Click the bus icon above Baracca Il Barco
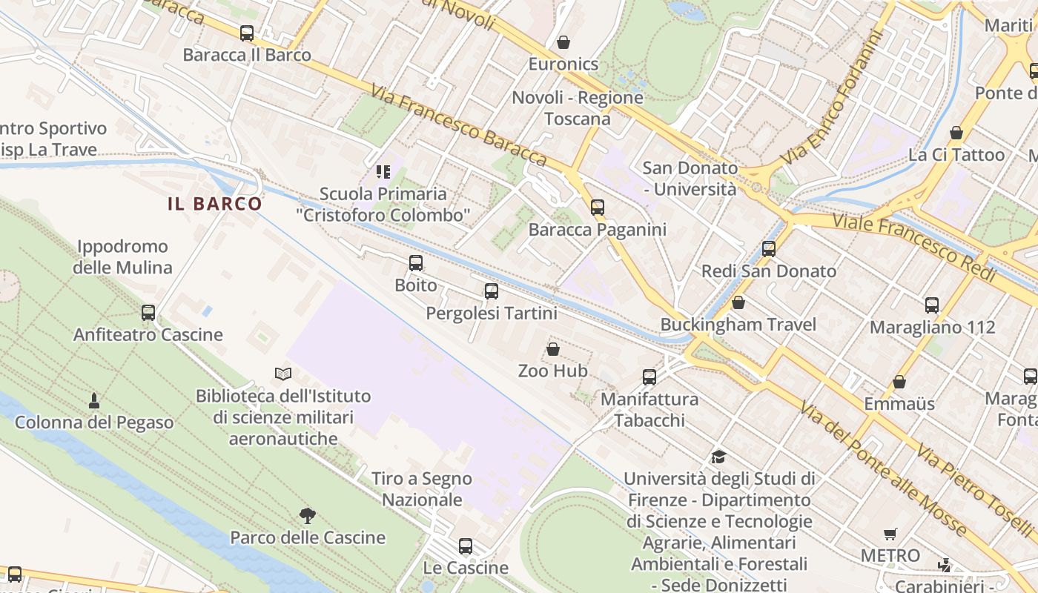[247, 33]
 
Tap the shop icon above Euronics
[563, 42]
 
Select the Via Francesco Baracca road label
[459, 125]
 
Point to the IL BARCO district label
[215, 204]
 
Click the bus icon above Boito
[416, 263]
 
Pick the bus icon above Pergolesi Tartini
[492, 291]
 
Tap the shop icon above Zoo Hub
[553, 349]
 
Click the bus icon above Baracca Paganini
[598, 208]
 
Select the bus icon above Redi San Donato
[769, 249]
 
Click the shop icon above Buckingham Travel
[738, 302]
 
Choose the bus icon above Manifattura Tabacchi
[649, 377]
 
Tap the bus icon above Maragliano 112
[932, 305]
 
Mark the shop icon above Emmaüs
[899, 382]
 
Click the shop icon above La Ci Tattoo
[956, 133]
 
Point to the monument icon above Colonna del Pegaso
[94, 401]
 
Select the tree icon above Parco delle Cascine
[308, 515]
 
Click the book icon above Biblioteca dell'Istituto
[283, 374]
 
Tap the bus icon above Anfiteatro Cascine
[148, 313]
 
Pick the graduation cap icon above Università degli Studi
[718, 457]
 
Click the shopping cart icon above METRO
[890, 534]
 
